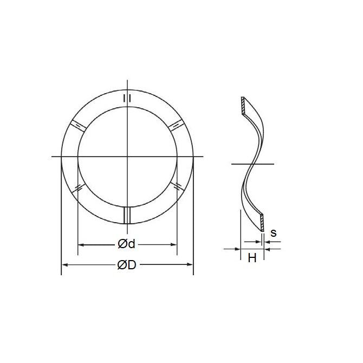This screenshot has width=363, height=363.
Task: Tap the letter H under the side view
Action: tap(252, 258)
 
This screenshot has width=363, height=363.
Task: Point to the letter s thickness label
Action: tap(273, 233)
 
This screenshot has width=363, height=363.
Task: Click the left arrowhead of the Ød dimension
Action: tap(81, 245)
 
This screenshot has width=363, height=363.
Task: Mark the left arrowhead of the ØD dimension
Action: tap(64, 265)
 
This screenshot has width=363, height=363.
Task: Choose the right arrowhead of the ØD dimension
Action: tap(190, 265)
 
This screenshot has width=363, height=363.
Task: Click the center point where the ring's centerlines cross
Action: tap(127, 157)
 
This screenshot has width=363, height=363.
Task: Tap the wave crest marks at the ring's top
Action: tap(127, 98)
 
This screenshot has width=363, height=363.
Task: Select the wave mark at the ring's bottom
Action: tap(127, 215)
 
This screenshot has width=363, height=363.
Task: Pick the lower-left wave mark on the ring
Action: tap(79, 187)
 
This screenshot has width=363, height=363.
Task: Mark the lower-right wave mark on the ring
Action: tap(176, 187)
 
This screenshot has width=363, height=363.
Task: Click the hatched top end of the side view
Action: tap(243, 106)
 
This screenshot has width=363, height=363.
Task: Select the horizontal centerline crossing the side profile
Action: tap(252, 163)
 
